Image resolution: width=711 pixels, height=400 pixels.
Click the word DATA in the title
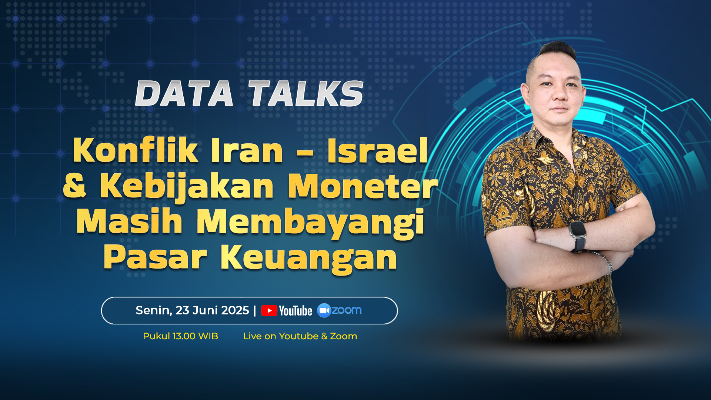(x=184, y=93)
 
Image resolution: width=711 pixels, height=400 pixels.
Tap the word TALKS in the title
(x=306, y=93)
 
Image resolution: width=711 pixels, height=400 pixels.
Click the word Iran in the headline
(x=247, y=151)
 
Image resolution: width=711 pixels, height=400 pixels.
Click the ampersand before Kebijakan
(x=75, y=186)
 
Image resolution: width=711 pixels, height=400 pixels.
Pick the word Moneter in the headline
(x=363, y=186)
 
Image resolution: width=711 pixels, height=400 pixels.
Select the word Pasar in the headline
(x=155, y=257)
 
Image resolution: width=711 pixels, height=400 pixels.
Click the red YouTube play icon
(x=269, y=310)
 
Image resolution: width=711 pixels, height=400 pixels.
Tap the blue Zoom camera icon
(x=324, y=310)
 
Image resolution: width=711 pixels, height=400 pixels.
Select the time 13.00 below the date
(x=184, y=336)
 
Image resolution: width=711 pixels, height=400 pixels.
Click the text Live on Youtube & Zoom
(x=300, y=336)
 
